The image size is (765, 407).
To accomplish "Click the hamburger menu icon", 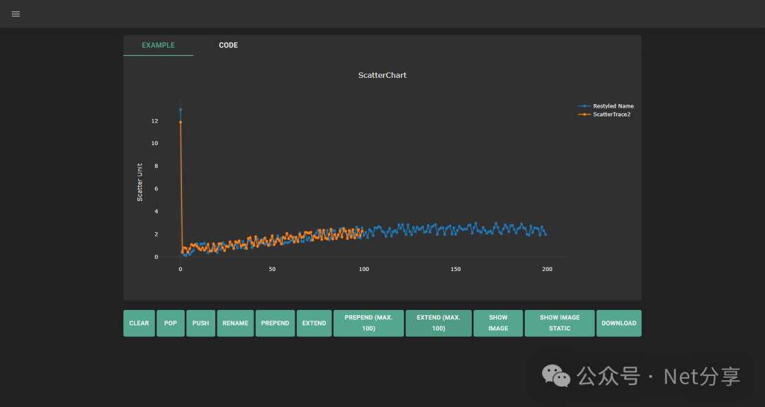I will click(16, 14).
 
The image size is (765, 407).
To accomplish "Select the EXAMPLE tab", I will click(158, 45).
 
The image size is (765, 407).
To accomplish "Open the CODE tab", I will click(228, 45).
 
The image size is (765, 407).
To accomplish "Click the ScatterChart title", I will click(382, 75).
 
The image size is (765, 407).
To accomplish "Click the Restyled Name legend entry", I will click(613, 106).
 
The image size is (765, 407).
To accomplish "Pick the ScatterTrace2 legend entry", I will click(611, 114).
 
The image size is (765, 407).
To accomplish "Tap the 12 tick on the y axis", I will click(154, 121).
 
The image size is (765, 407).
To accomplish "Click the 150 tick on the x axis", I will click(455, 269).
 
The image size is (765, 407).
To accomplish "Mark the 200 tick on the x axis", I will click(547, 269).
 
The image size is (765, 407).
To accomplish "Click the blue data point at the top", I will click(181, 110).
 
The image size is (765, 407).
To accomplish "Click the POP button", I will click(170, 323).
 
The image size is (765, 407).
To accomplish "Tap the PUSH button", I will click(200, 323).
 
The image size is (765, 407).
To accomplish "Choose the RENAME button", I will click(235, 323).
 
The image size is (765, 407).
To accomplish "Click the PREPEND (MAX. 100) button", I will click(368, 323).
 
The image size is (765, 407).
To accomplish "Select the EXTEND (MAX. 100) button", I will click(438, 323).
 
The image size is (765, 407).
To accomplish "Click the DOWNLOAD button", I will click(618, 323).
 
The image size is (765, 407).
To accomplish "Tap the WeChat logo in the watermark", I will click(556, 377).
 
